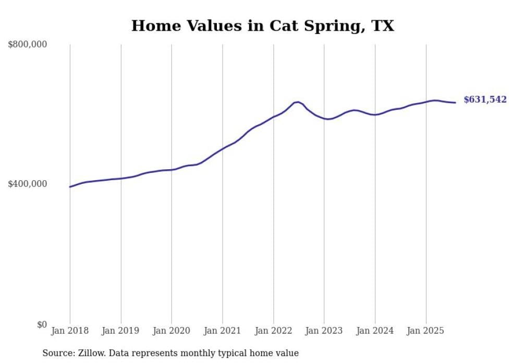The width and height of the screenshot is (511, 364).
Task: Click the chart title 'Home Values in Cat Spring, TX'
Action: [x=262, y=26]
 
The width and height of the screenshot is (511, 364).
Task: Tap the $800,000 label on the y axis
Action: [x=28, y=45]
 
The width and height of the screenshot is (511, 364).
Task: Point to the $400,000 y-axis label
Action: [x=28, y=184]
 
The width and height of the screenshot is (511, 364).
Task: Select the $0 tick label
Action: [x=42, y=325]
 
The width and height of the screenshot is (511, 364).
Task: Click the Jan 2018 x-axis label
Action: [x=70, y=331]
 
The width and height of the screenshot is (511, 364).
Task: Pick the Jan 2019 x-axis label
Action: [x=121, y=331]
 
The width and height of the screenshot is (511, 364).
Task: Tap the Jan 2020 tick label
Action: [x=172, y=331]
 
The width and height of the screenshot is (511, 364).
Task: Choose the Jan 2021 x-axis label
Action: [x=223, y=331]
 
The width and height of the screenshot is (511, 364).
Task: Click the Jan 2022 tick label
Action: [x=273, y=331]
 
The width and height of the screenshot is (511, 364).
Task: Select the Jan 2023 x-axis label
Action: [x=324, y=331]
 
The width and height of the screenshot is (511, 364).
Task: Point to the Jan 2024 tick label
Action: [x=375, y=331]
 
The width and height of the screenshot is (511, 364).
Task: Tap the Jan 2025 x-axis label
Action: [x=426, y=331]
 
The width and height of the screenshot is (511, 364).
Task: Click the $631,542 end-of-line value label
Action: [x=485, y=99]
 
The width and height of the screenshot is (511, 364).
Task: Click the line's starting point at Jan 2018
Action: [x=70, y=186]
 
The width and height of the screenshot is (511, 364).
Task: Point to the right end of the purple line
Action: [x=455, y=103]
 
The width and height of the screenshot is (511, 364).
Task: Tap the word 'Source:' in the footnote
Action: [x=58, y=353]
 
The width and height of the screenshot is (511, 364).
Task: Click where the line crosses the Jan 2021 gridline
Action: [x=223, y=149]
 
